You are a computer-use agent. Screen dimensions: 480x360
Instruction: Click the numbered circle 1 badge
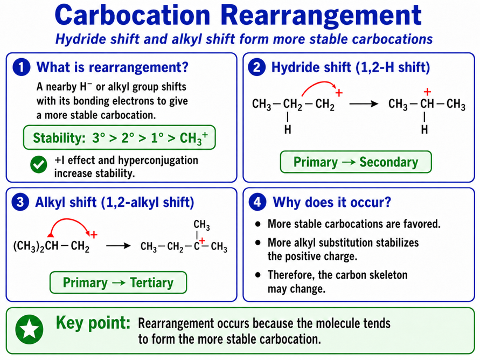[22, 67]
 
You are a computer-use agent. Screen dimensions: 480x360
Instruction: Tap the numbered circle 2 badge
[257, 67]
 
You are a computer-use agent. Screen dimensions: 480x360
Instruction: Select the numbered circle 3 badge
[20, 202]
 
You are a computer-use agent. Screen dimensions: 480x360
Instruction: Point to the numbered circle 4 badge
[257, 202]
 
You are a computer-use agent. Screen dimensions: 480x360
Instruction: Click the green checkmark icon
[39, 165]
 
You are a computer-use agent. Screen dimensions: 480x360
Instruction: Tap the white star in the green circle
[30, 329]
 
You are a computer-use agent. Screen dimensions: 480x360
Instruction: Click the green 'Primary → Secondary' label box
[356, 162]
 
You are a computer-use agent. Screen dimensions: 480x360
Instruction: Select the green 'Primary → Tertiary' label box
[118, 282]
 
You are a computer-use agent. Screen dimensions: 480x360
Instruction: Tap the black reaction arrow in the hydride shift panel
[364, 104]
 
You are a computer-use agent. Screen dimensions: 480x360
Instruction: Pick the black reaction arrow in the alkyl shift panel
[118, 246]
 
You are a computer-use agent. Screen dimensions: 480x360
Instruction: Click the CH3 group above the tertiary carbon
[201, 225]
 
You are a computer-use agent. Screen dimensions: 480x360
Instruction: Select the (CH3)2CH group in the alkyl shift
[36, 246]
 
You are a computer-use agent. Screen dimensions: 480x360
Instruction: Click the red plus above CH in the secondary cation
[427, 92]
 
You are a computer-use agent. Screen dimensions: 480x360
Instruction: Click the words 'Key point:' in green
[93, 323]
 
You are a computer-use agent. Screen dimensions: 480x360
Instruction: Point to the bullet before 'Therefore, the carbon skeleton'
[258, 275]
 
